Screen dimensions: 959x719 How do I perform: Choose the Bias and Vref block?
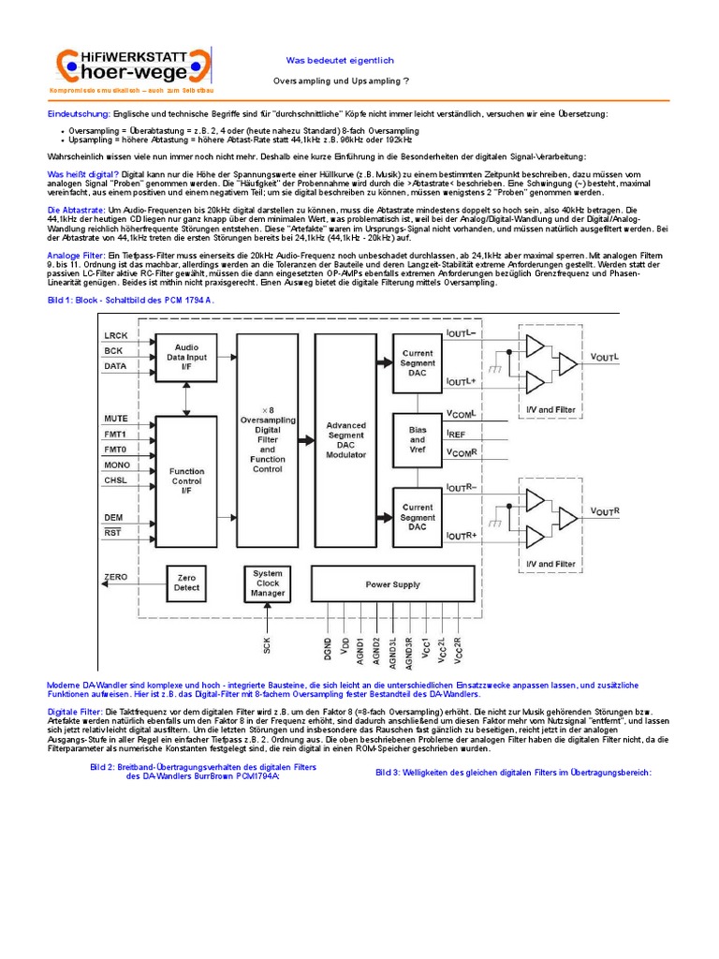[418, 438]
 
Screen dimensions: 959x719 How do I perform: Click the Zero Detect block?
[187, 583]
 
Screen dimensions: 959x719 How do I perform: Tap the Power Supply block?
[392, 584]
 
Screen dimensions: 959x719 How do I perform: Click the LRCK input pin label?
[116, 334]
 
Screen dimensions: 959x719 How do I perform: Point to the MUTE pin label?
[116, 418]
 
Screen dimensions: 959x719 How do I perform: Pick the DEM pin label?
[114, 517]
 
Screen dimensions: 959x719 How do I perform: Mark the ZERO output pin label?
[116, 578]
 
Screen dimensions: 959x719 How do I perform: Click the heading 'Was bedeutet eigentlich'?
[327, 60]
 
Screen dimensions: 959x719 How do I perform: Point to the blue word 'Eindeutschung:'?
[78, 113]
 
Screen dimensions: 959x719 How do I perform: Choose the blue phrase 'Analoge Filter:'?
[77, 256]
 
